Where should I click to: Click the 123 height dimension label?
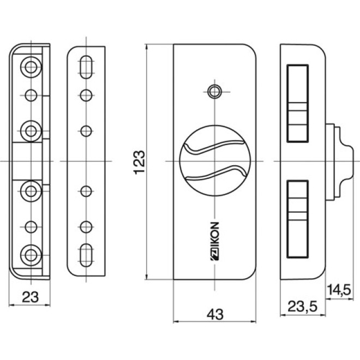tap(139, 163)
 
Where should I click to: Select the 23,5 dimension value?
tap(302, 307)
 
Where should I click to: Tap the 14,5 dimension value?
tap(339, 290)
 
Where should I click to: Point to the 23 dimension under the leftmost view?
tap(30, 297)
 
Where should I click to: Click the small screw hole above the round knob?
tap(214, 92)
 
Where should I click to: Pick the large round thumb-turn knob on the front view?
tap(215, 161)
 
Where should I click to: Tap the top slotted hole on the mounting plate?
tap(86, 67)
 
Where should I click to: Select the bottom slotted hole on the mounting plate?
tap(86, 255)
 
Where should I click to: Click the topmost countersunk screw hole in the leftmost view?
tap(31, 67)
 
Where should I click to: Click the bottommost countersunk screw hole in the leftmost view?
tap(31, 255)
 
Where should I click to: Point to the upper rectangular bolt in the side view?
tap(297, 104)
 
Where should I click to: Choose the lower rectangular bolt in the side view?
tap(297, 219)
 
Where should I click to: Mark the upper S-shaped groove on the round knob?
tap(215, 147)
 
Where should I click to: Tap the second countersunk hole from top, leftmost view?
tap(31, 131)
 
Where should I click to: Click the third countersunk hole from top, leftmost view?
tap(31, 191)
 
